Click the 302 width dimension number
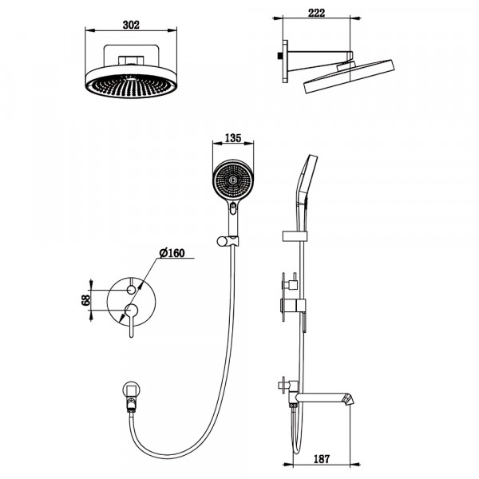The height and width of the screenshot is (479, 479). coord(131,24)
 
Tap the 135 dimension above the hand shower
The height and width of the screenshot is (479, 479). coord(234,137)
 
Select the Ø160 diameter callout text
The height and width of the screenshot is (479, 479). coord(172,253)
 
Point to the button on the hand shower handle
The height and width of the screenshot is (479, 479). coord(233,209)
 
